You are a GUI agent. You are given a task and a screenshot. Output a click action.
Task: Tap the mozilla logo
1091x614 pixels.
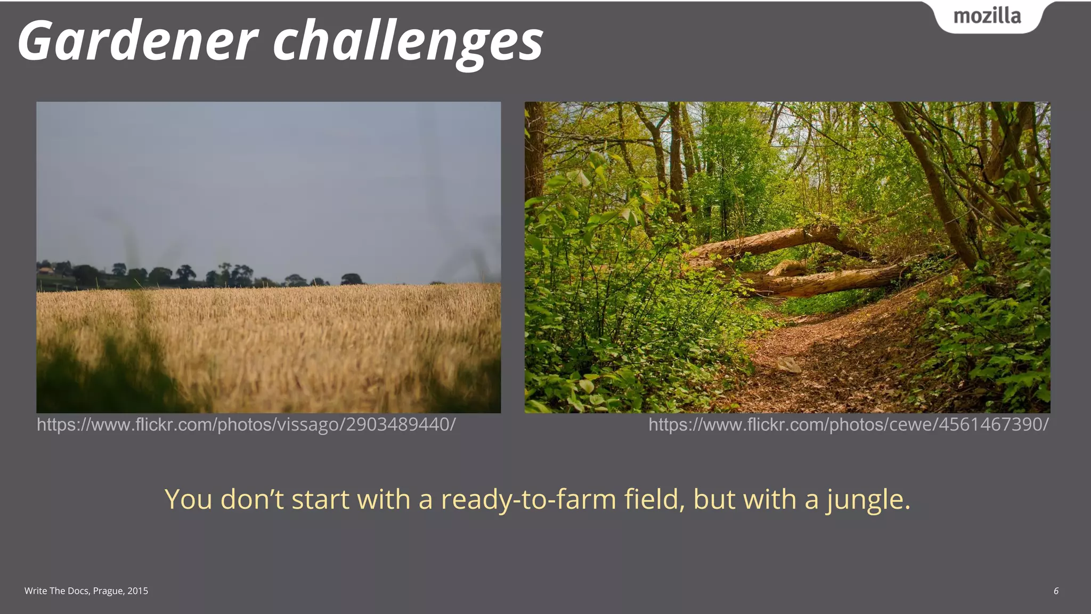point(987,17)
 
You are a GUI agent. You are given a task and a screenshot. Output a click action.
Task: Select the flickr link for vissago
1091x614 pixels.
point(246,425)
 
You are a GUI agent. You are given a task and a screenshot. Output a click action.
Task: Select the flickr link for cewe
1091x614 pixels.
point(848,425)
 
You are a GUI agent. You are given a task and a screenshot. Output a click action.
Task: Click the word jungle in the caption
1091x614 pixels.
point(868,500)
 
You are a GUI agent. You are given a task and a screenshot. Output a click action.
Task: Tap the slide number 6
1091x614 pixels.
point(1056,591)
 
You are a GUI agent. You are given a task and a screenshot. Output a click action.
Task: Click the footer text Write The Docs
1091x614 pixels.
point(57,591)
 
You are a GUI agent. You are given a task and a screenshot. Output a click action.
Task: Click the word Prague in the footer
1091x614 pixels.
point(109,591)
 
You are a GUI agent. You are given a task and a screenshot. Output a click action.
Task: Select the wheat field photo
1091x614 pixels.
point(268,257)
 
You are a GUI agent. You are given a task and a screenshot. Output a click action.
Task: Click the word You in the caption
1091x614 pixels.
point(189,500)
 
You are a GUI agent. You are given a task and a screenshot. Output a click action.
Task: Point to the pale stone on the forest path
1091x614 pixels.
point(789,365)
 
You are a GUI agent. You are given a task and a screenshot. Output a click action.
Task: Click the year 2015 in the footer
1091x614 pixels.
point(137,591)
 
